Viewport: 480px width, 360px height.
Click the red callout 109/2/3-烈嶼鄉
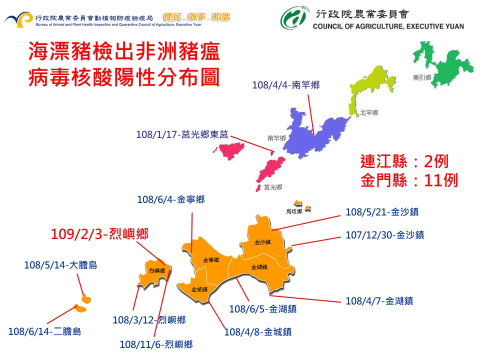click(x=100, y=233)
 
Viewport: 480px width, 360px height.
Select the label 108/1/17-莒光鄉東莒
click(x=182, y=134)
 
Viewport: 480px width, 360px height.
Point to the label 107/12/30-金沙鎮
click(x=384, y=234)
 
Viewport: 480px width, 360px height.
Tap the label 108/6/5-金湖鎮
click(x=262, y=309)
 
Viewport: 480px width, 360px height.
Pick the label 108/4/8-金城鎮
click(x=258, y=331)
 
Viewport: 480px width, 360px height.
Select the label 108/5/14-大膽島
click(x=60, y=265)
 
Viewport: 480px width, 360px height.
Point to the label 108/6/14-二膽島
click(x=44, y=331)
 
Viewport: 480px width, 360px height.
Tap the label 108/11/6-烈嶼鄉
click(x=156, y=344)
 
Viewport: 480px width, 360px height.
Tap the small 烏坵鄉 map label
click(x=294, y=211)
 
